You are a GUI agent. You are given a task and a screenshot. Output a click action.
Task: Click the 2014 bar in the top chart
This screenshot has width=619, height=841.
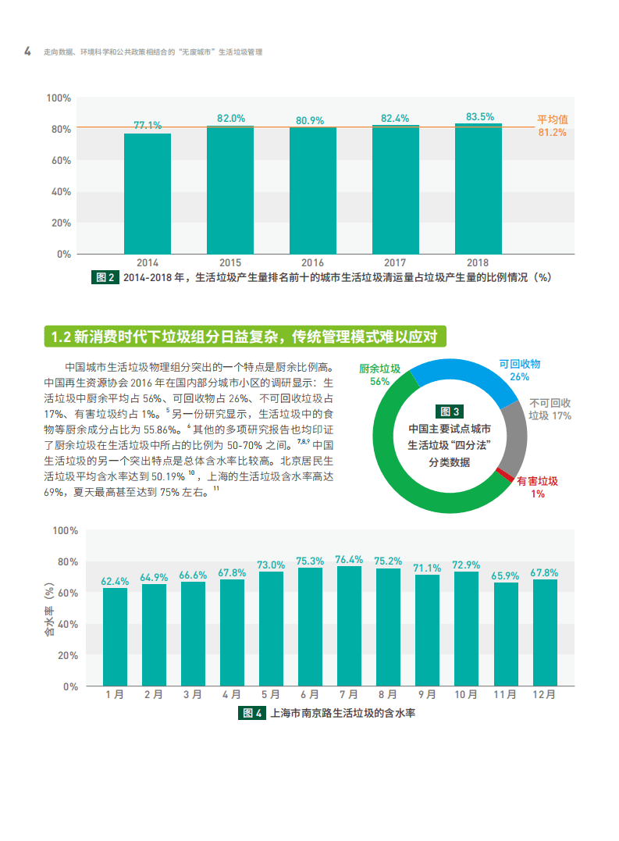click(147, 193)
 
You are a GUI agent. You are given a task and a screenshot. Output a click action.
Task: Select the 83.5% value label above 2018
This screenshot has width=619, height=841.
click(479, 116)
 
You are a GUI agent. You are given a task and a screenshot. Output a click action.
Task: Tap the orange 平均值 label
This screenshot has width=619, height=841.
click(552, 119)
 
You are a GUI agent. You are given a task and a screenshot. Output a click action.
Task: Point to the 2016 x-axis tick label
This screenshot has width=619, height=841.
click(312, 263)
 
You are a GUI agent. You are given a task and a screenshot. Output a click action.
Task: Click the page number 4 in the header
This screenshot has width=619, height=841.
click(27, 52)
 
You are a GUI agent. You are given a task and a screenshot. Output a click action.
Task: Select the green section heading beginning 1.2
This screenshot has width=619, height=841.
click(244, 337)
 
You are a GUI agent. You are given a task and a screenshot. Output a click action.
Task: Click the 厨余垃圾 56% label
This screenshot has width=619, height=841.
click(380, 375)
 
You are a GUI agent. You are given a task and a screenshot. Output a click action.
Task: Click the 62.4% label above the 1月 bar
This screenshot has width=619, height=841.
click(115, 581)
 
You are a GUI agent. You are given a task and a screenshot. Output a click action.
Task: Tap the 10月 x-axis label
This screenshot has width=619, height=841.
click(466, 694)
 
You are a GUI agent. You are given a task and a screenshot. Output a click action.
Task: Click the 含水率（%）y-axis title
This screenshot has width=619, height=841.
click(50, 608)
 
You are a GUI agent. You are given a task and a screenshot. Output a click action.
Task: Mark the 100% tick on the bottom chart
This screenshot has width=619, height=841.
click(65, 530)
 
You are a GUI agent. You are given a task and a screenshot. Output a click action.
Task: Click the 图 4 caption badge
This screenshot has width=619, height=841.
click(251, 713)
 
